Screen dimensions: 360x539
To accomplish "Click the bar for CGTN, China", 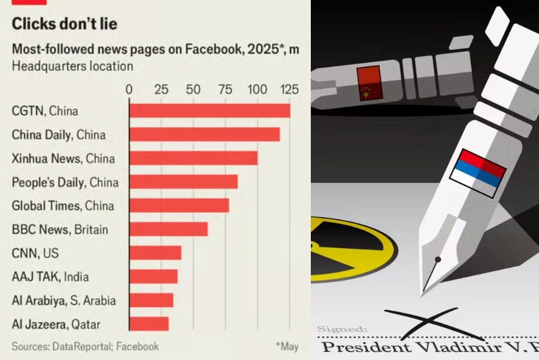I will tap(210, 111).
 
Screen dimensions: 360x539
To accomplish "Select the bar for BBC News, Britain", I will tap(168, 229).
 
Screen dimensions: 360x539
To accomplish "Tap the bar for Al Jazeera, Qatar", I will tap(149, 324).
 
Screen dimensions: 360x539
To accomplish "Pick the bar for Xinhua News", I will tap(193, 158).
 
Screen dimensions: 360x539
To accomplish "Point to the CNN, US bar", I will tap(155, 253).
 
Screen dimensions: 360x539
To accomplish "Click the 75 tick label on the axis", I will tap(225, 89).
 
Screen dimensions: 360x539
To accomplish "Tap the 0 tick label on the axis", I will tap(129, 89).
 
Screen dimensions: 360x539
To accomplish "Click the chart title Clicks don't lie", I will tap(65, 25).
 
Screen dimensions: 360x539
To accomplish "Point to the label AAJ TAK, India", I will tap(50, 277).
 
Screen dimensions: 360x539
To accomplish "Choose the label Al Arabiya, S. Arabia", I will tap(63, 301).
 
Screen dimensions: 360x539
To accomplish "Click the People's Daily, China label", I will tap(65, 182).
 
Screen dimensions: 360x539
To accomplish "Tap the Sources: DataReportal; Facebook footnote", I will tap(85, 346).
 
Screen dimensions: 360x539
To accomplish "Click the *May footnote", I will tap(287, 346).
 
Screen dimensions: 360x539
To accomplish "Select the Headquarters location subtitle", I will tap(72, 66).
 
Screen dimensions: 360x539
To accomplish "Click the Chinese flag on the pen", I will tap(368, 83).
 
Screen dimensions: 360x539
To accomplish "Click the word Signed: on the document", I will tap(342, 329).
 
